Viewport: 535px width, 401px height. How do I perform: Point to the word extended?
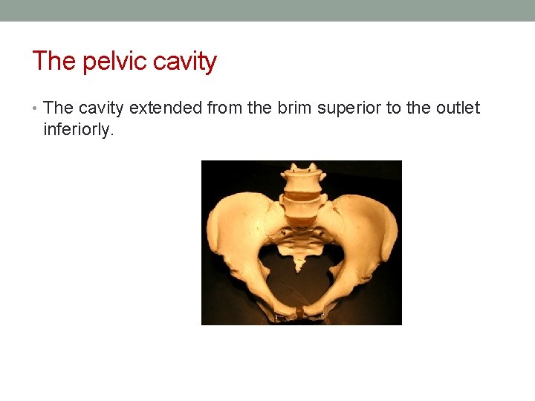click(x=166, y=108)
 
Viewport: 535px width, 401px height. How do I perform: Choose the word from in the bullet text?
click(x=224, y=108)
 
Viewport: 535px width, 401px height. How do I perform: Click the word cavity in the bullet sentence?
click(x=101, y=108)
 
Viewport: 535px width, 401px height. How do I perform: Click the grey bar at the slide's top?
click(x=267, y=10)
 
